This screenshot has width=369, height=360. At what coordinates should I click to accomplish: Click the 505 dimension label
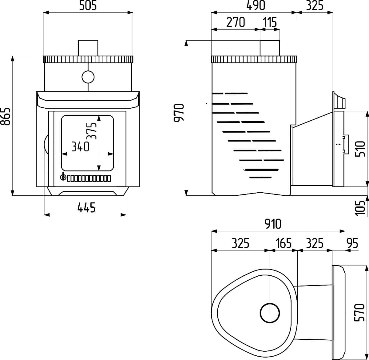coord(88,6)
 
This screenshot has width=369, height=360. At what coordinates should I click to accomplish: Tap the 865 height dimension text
coord(5,116)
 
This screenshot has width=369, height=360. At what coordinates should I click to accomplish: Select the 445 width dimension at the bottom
coord(86,207)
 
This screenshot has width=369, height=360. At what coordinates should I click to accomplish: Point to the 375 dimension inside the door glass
coord(92,131)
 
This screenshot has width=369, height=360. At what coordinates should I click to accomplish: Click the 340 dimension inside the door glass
coord(80,147)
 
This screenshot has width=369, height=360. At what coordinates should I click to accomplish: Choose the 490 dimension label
coord(256,6)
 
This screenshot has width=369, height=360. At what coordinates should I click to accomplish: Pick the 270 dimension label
coord(236,22)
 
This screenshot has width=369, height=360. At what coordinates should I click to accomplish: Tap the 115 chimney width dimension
coord(270,22)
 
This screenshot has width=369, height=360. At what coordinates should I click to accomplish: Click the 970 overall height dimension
coord(179,113)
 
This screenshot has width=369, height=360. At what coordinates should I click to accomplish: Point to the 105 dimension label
coord(360,208)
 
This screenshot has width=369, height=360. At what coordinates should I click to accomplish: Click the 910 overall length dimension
coord(273,224)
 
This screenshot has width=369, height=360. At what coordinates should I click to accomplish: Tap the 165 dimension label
coord(284,243)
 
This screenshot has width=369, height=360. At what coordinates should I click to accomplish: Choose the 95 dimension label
coord(352,243)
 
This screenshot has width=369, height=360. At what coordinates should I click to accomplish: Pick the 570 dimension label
coord(359,313)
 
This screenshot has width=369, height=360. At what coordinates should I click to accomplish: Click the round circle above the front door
coord(88,77)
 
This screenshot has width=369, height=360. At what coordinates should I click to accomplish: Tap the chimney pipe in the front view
coord(88,48)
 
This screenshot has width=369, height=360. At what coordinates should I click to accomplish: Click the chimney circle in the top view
coord(270,313)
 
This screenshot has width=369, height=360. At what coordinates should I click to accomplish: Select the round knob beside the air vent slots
coord(63,178)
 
